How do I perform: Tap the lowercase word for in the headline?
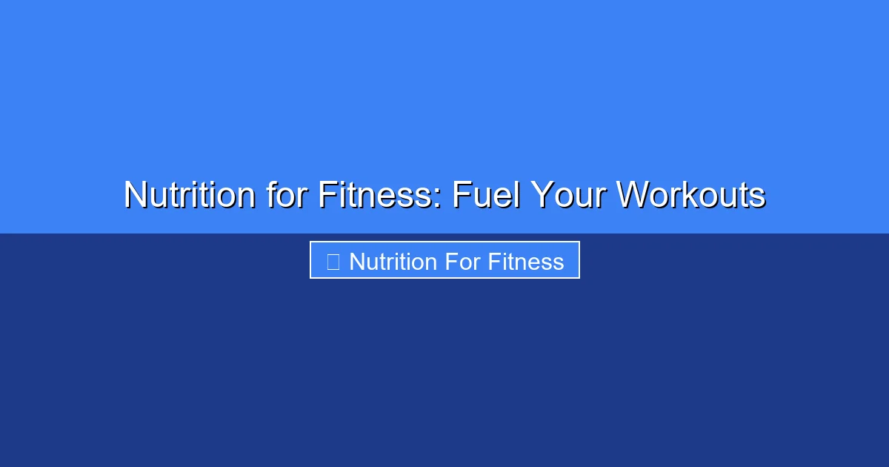285,195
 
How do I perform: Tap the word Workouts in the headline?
690,195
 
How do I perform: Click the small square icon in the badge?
333,262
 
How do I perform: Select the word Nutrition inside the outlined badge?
393,262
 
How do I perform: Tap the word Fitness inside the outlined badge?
526,262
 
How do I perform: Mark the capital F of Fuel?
461,195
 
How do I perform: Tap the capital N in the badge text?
357,262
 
